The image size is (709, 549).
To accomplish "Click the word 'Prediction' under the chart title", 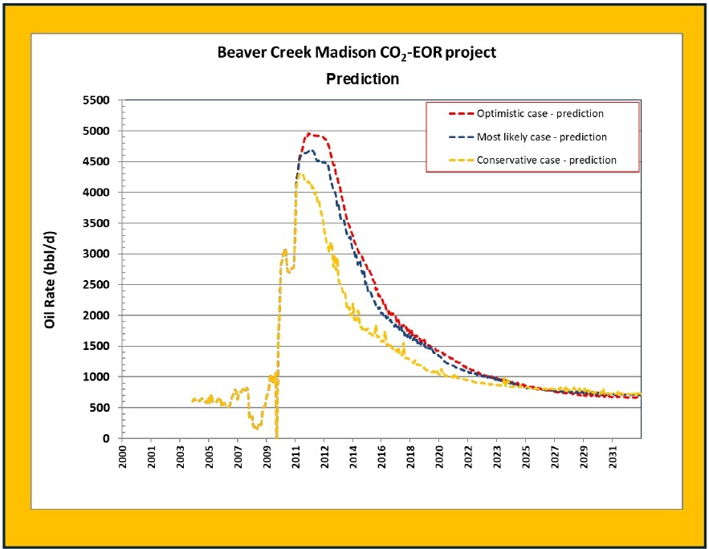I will pyautogui.click(x=362, y=79).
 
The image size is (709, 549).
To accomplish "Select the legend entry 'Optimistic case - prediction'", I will pyautogui.click(x=540, y=114).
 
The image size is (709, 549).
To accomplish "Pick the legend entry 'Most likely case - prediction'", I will pyautogui.click(x=541, y=137).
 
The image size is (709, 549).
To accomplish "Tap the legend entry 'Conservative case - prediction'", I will pyautogui.click(x=546, y=160).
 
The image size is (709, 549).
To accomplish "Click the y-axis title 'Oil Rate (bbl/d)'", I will pyautogui.click(x=50, y=273).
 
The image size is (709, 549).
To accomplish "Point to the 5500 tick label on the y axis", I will pyautogui.click(x=100, y=100).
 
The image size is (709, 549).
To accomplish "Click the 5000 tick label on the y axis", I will pyautogui.click(x=100, y=131).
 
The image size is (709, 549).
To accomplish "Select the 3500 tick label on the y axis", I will pyautogui.click(x=100, y=223).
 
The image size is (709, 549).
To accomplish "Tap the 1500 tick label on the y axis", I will pyautogui.click(x=100, y=346).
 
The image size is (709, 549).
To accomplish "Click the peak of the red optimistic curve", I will pyautogui.click(x=310, y=134).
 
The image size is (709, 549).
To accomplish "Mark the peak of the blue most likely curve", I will pyautogui.click(x=310, y=150).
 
